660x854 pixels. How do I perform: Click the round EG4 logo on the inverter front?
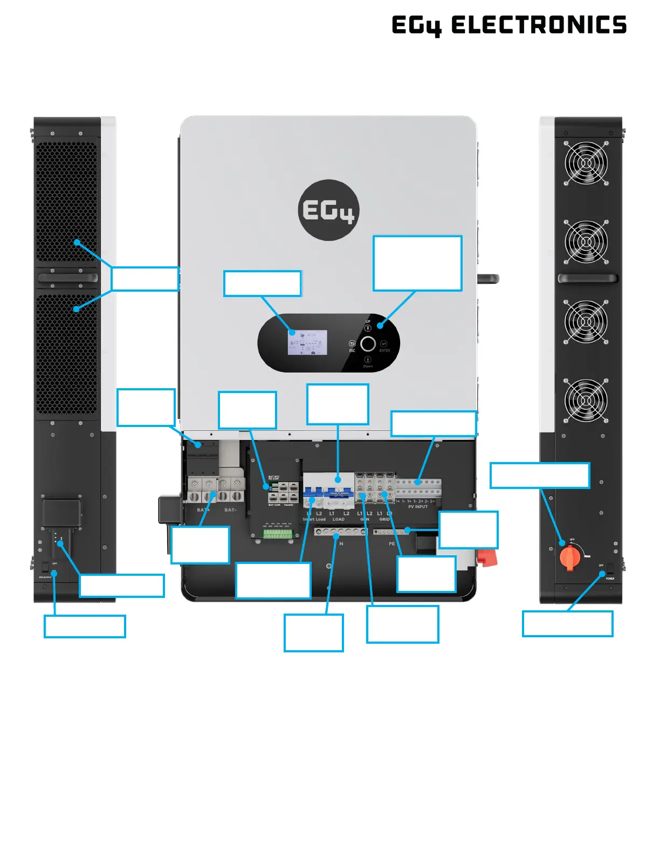[x=328, y=210]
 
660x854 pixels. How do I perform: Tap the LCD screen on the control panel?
[x=307, y=342]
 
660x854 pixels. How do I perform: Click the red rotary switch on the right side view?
[x=569, y=557]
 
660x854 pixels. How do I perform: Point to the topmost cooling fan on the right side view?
[x=586, y=163]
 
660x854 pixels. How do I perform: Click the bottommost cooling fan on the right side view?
[x=586, y=400]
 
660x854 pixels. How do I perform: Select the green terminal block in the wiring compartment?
[x=278, y=534]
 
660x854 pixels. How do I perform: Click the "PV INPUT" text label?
[x=418, y=507]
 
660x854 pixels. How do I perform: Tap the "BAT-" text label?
[x=230, y=510]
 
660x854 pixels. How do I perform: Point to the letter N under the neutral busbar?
[x=341, y=543]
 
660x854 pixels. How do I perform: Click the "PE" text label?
[x=392, y=543]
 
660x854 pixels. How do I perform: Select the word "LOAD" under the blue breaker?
[x=338, y=519]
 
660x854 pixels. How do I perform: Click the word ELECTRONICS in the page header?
[x=539, y=25]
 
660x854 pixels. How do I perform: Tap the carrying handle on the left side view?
[x=67, y=278]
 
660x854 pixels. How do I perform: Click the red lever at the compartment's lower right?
[x=489, y=557]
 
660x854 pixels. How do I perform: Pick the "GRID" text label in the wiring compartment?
[x=384, y=519]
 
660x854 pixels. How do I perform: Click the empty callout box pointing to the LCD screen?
[x=262, y=284]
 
